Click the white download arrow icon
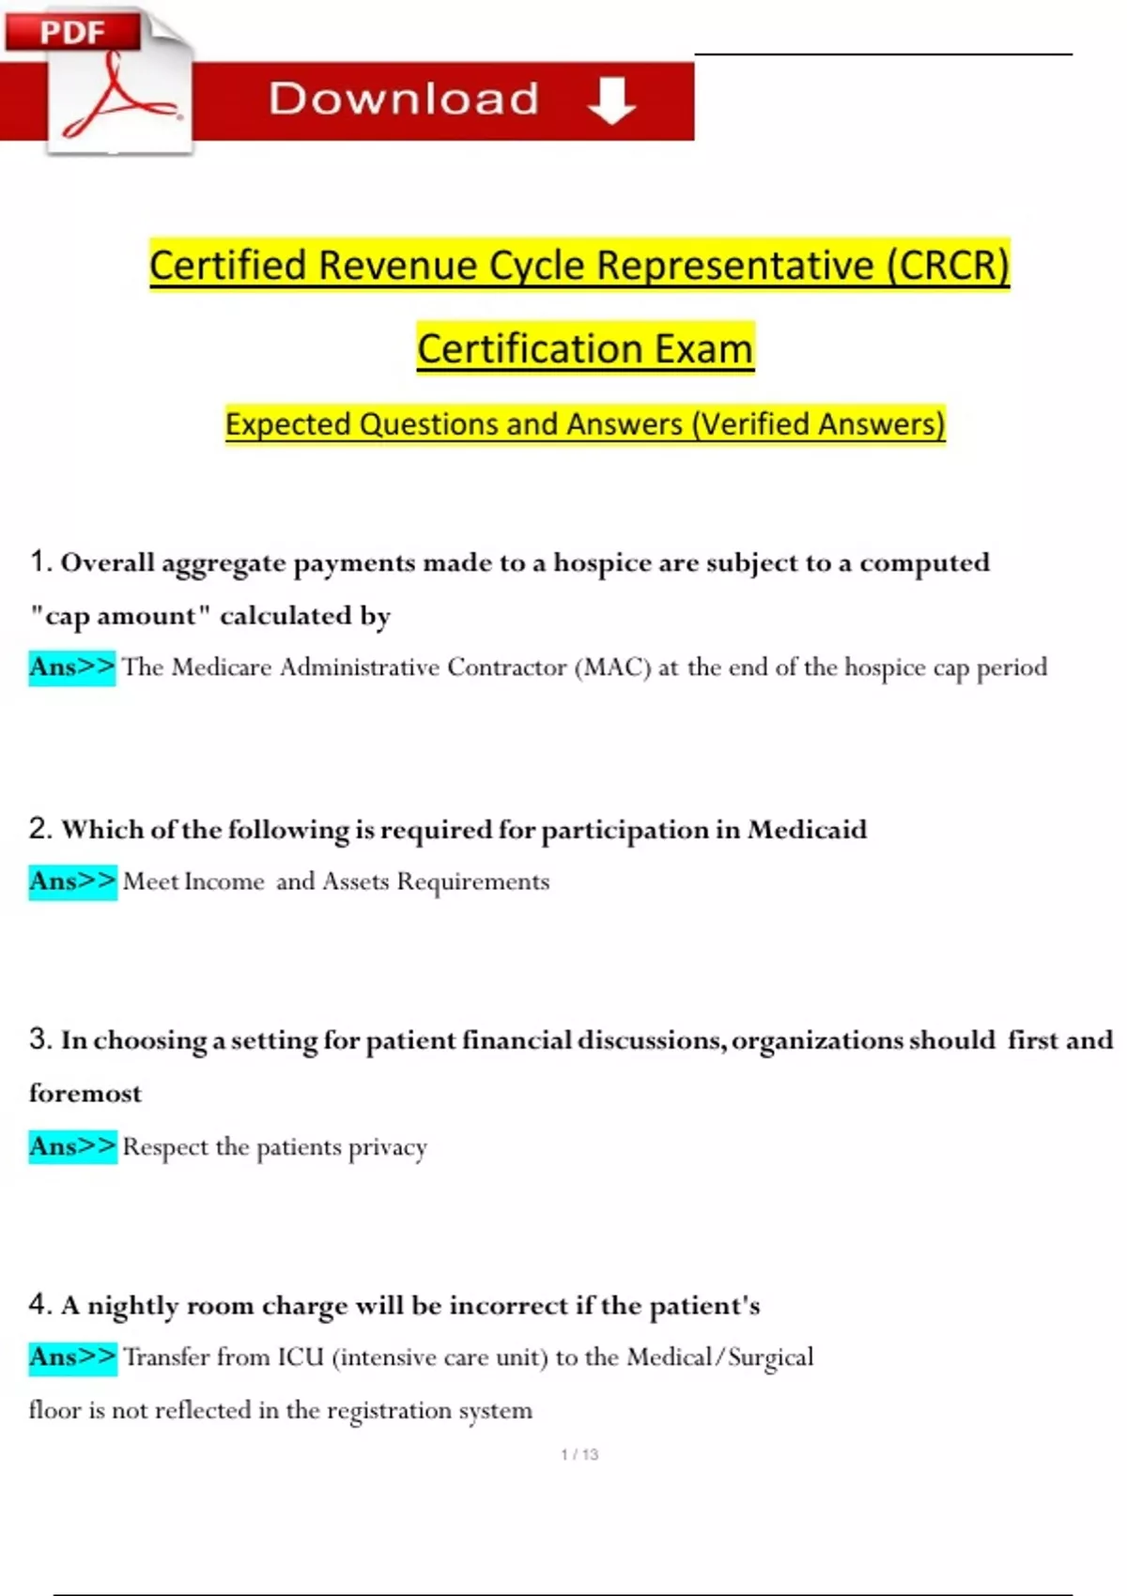611,100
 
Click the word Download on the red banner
404,100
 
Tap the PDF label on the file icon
71,32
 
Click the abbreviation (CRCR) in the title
948,266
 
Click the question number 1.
39,561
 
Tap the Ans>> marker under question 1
71,668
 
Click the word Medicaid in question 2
807,830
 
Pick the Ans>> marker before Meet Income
72,882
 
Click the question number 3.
39,1039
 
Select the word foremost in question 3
85,1094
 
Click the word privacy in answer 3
387,1147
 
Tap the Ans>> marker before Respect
72,1146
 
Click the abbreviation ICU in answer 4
300,1358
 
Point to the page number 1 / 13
579,1454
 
